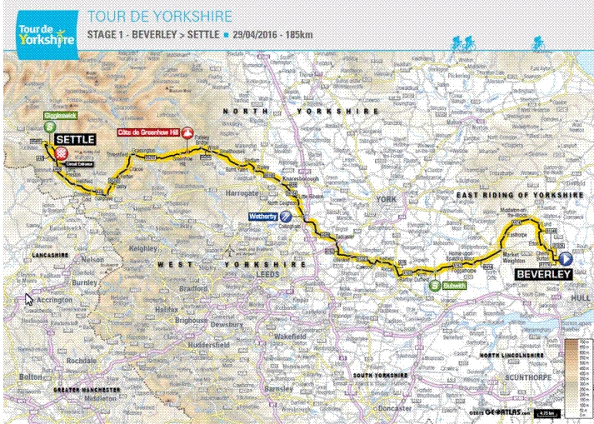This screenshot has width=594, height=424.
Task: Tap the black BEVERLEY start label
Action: click(x=542, y=273)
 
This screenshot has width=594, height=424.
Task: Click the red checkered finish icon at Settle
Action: click(x=62, y=153)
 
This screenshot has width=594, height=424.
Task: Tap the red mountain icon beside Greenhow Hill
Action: click(x=189, y=132)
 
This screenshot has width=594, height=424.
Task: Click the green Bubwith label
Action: click(x=454, y=285)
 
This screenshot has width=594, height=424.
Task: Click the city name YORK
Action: click(x=385, y=200)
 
